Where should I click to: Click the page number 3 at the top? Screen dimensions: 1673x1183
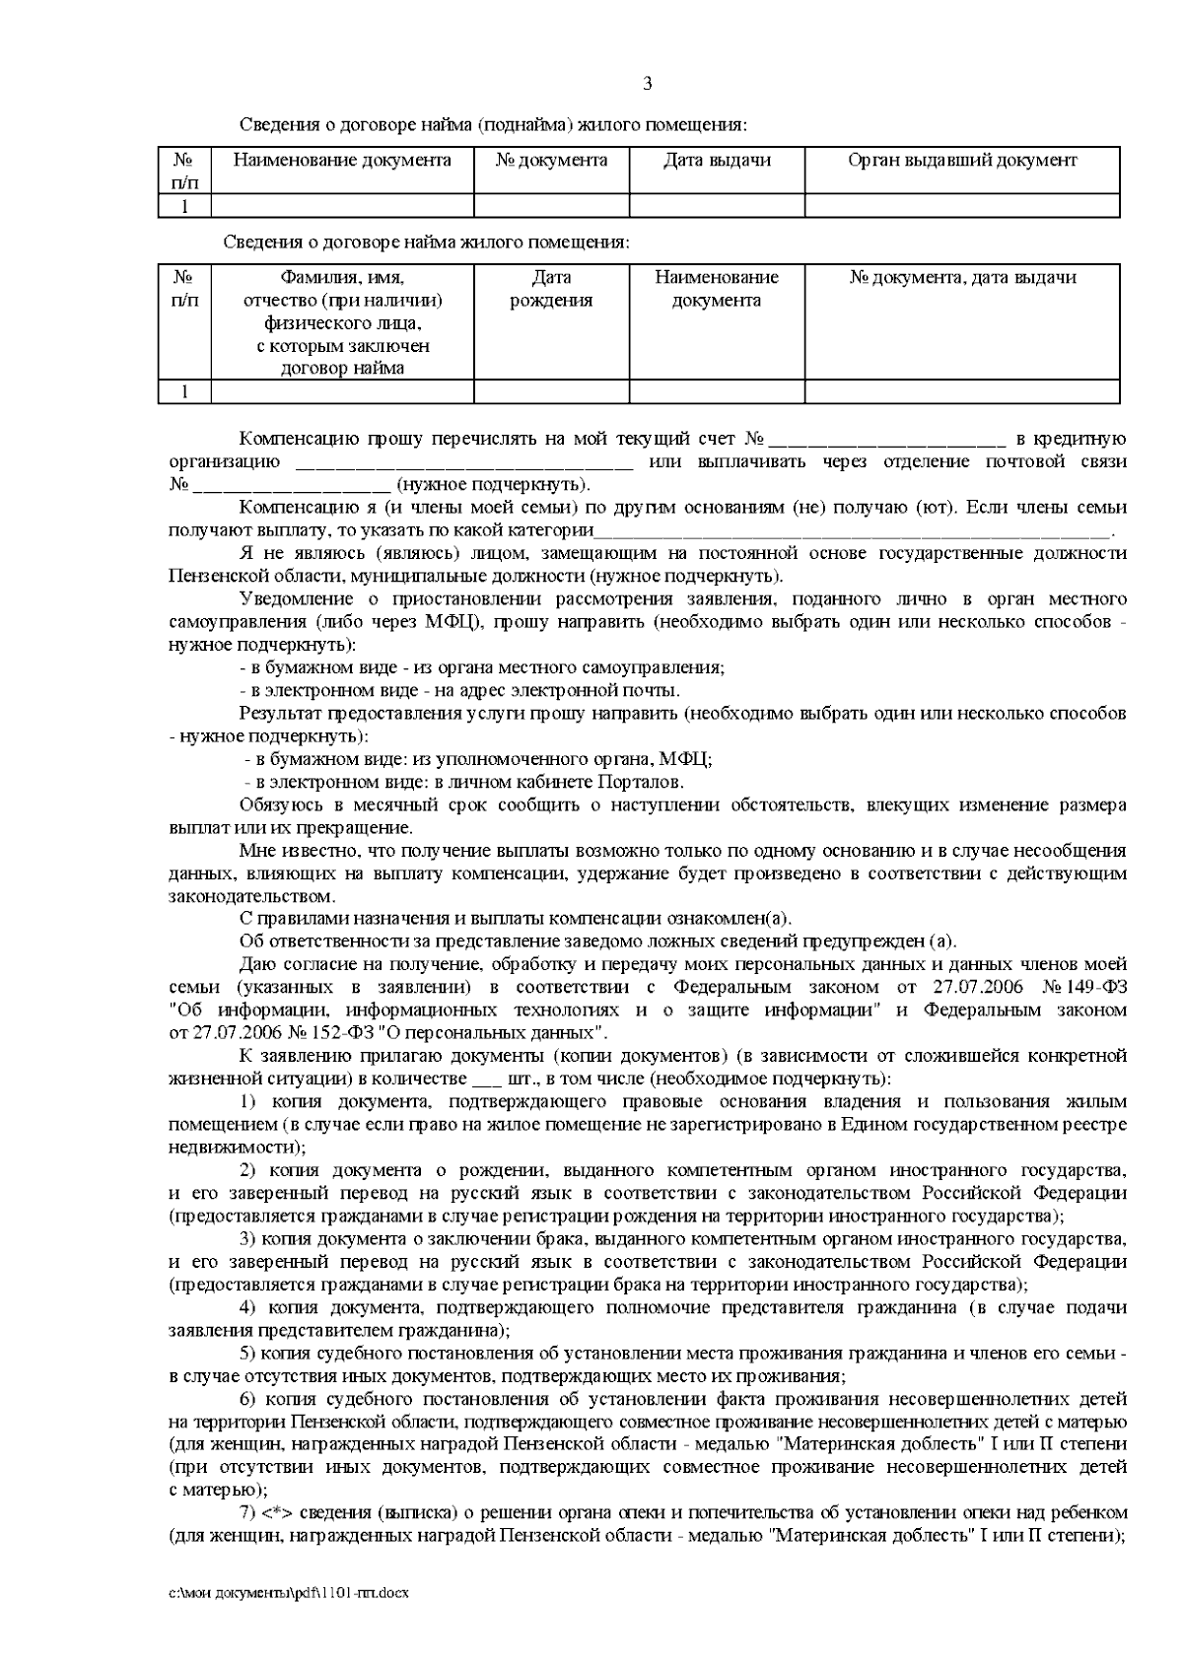pyautogui.click(x=647, y=84)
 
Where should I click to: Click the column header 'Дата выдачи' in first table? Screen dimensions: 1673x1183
pyautogui.click(x=717, y=161)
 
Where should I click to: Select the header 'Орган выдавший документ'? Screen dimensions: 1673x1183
pyautogui.click(x=961, y=161)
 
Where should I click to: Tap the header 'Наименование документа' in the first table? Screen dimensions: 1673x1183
pyautogui.click(x=342, y=161)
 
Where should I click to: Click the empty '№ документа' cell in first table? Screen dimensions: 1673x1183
pyautogui.click(x=551, y=205)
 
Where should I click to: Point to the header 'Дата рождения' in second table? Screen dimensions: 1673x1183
pyautogui.click(x=551, y=289)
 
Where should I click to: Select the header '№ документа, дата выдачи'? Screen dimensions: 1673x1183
pyautogui.click(x=961, y=278)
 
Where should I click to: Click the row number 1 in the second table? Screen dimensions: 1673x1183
pyautogui.click(x=184, y=392)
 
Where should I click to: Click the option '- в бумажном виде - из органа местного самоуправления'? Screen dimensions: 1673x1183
pyautogui.click(x=482, y=667)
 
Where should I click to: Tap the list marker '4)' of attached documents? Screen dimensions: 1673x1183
pyautogui.click(x=249, y=1307)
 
